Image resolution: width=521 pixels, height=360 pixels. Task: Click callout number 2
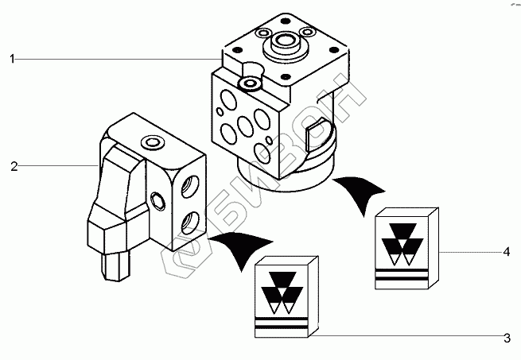tap(14, 166)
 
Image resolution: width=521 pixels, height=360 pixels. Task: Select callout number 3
tap(506, 339)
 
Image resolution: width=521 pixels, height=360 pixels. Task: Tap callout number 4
tap(506, 252)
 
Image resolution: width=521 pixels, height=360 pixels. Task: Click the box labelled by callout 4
tap(405, 248)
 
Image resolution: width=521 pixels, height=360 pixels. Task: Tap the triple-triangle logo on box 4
tap(399, 242)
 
